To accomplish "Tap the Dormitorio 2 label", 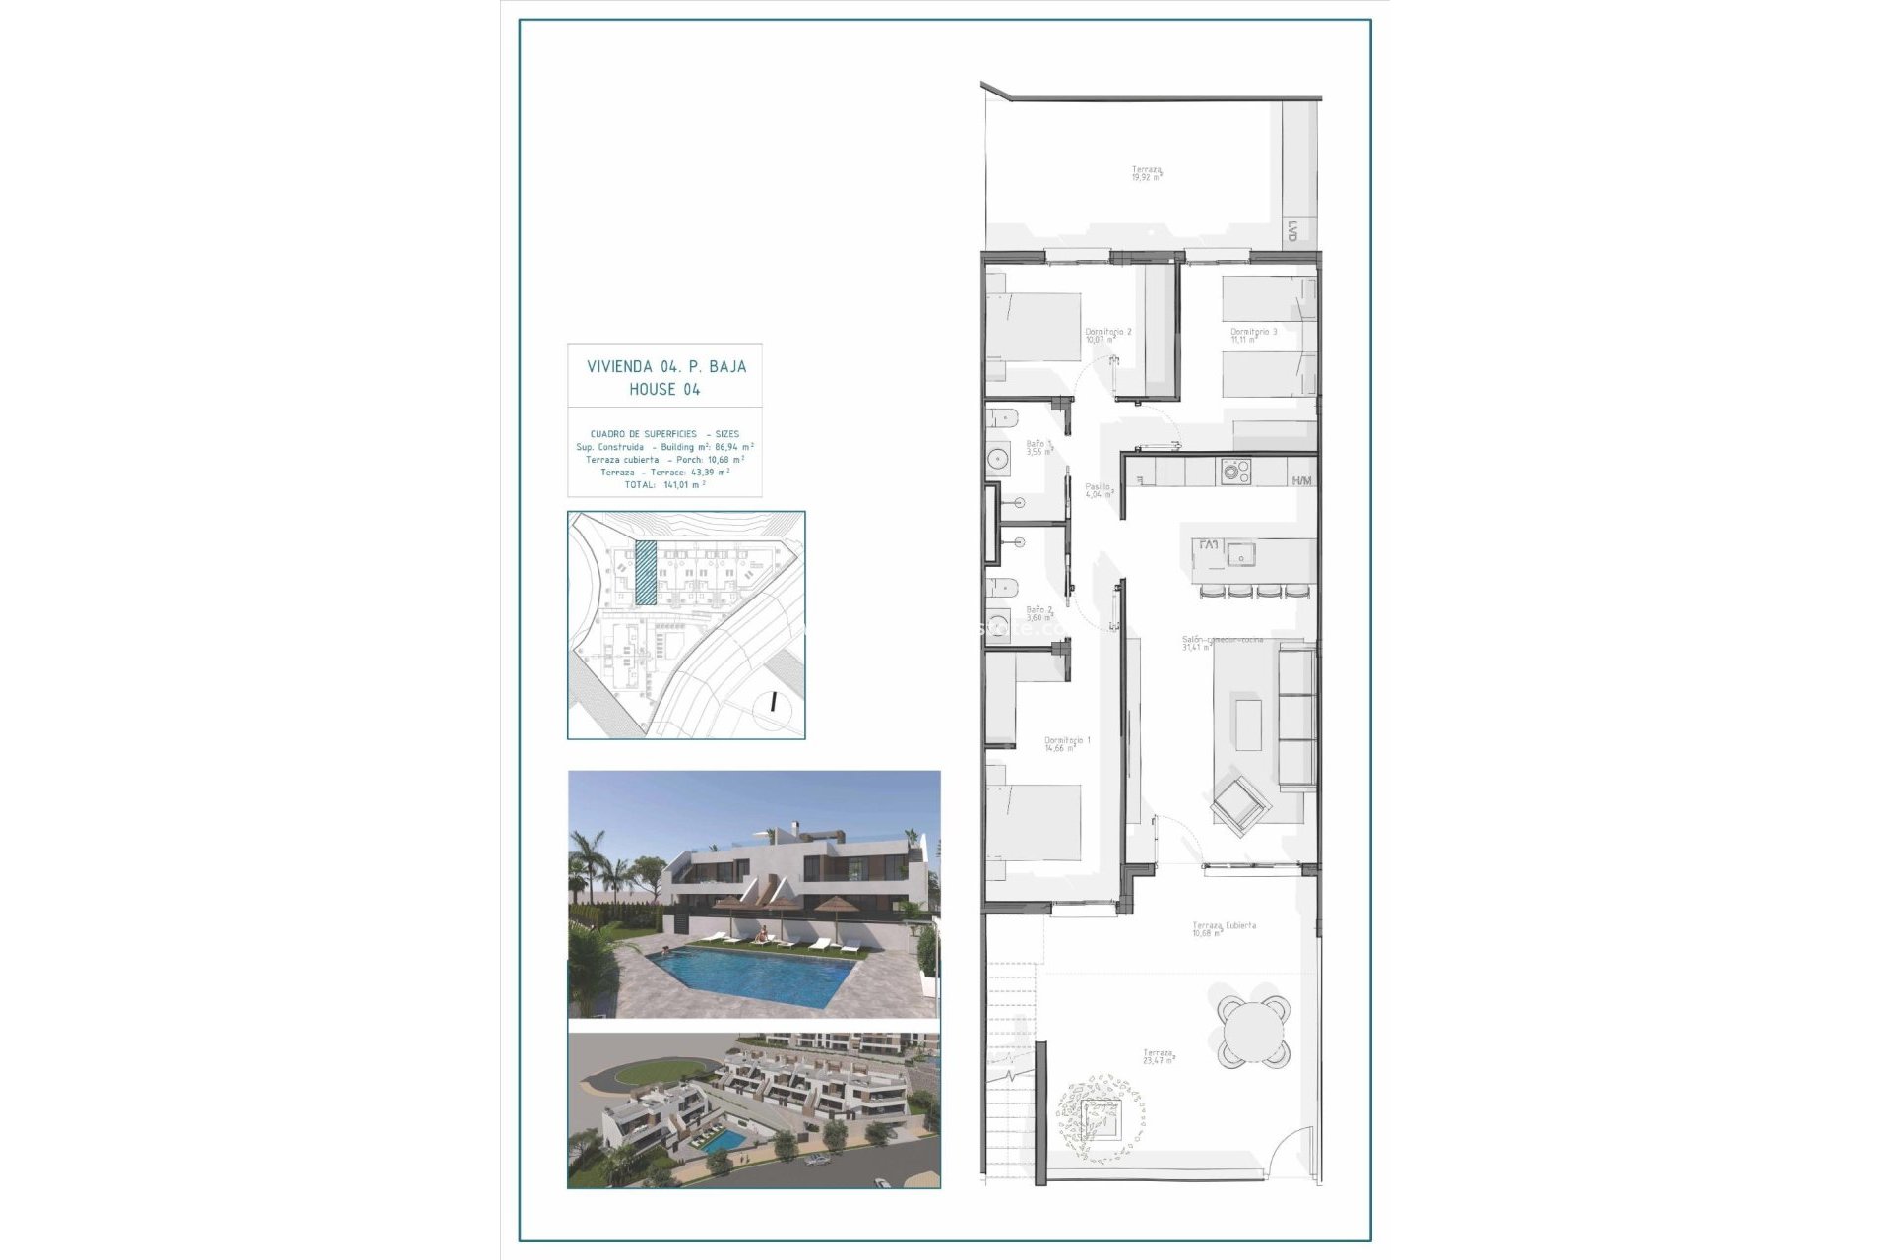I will pyautogui.click(x=1107, y=332).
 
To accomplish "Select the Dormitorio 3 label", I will pyautogui.click(x=1253, y=332).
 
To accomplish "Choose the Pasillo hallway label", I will pyautogui.click(x=1098, y=486).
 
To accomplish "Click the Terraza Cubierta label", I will pyautogui.click(x=1224, y=925).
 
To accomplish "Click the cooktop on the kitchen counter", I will pyautogui.click(x=1233, y=472).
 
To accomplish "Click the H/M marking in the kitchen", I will pyautogui.click(x=1301, y=480).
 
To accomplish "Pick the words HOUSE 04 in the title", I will pyautogui.click(x=664, y=389).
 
